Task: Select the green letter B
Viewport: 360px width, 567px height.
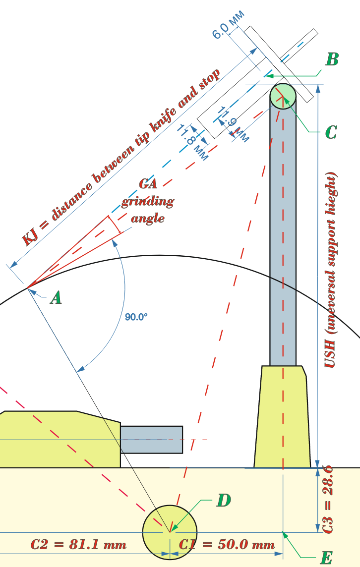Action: [x=332, y=60]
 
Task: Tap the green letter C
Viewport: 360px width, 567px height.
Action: [x=331, y=132]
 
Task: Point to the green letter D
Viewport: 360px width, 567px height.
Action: [x=224, y=501]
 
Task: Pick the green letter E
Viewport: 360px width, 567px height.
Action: [x=326, y=558]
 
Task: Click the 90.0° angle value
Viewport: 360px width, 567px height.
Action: [x=136, y=316]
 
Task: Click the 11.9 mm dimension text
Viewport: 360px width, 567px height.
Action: [x=233, y=124]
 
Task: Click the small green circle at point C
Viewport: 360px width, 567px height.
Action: [x=283, y=95]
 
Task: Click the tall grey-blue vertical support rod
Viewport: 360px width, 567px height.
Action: [x=283, y=238]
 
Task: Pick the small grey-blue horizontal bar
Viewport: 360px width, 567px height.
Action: [x=152, y=439]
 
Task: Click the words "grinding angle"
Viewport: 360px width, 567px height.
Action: [x=148, y=210]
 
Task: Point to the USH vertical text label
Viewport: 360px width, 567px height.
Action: [x=331, y=270]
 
